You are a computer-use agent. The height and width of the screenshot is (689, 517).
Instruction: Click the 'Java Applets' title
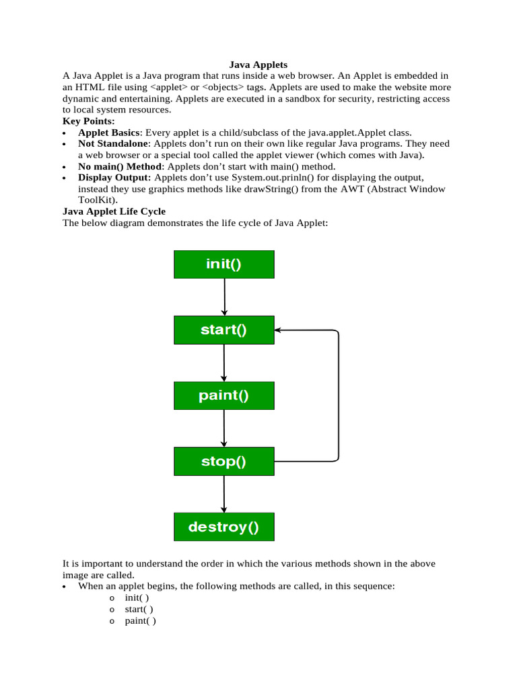click(258, 65)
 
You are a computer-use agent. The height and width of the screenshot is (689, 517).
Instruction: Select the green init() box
click(224, 264)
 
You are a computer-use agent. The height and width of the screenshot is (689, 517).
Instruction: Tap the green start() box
click(224, 330)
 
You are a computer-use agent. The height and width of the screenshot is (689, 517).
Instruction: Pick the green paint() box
click(224, 396)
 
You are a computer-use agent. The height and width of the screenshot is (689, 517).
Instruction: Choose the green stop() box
click(224, 462)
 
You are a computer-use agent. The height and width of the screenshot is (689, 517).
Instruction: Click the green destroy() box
click(224, 527)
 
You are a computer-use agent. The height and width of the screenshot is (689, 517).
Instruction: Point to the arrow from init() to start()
click(224, 297)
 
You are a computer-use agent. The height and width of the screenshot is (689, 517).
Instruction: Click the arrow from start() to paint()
click(224, 363)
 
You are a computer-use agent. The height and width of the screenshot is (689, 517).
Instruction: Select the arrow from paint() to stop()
click(224, 429)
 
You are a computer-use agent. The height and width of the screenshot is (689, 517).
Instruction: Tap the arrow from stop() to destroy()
click(224, 494)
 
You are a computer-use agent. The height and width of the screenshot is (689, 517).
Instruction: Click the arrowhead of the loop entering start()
click(279, 330)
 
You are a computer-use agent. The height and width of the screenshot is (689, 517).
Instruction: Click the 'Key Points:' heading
click(89, 121)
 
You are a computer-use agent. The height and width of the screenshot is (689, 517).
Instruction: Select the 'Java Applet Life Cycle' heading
click(114, 211)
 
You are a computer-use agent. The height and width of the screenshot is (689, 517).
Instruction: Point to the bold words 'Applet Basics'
click(109, 133)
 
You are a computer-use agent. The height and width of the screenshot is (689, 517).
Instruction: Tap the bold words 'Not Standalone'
click(112, 144)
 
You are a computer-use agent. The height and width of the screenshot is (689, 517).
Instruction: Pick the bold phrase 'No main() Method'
click(120, 166)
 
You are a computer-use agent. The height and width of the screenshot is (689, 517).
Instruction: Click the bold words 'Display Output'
click(114, 178)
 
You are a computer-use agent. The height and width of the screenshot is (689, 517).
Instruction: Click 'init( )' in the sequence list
click(137, 597)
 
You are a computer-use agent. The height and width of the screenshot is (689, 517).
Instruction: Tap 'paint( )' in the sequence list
click(140, 620)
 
